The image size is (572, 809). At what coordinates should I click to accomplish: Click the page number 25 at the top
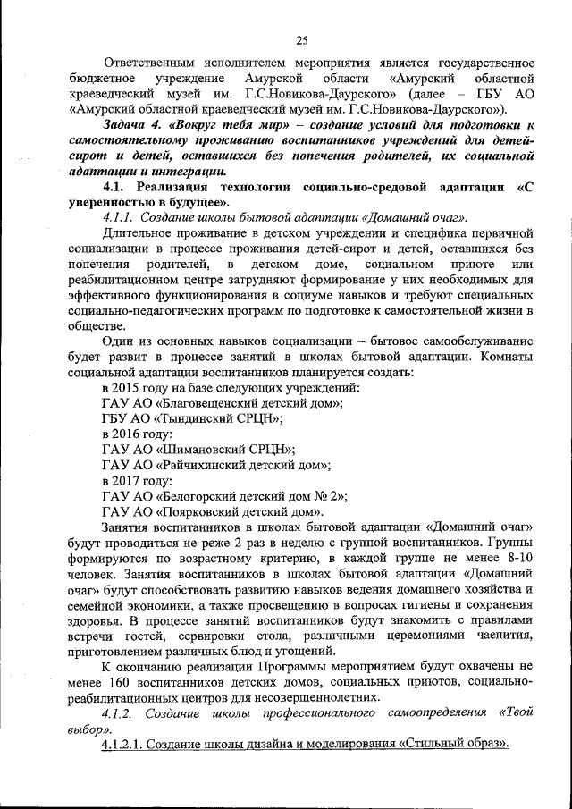coord(301,38)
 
